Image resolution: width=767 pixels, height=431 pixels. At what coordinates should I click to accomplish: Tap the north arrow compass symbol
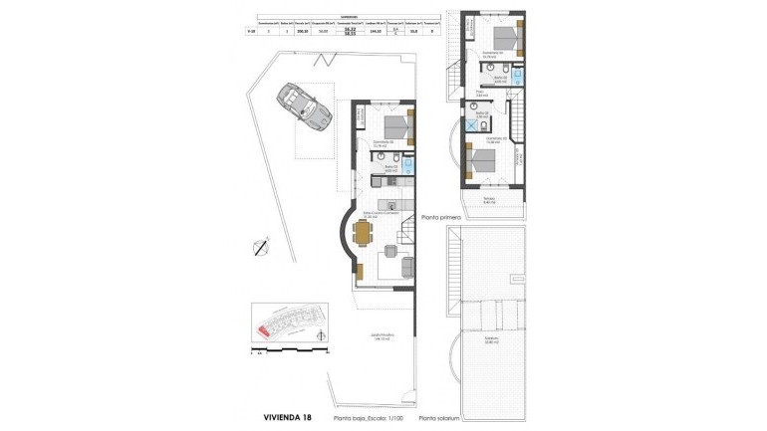pos(261,244)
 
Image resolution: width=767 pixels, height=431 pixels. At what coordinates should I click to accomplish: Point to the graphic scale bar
pos(287,351)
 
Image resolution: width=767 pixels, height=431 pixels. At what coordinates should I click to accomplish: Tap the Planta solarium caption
pos(443,418)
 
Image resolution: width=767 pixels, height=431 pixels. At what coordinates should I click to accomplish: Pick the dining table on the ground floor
pos(362,234)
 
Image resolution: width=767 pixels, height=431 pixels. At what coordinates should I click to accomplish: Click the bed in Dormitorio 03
pos(397,126)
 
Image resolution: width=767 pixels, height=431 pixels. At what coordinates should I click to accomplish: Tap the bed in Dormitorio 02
pos(480,157)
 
